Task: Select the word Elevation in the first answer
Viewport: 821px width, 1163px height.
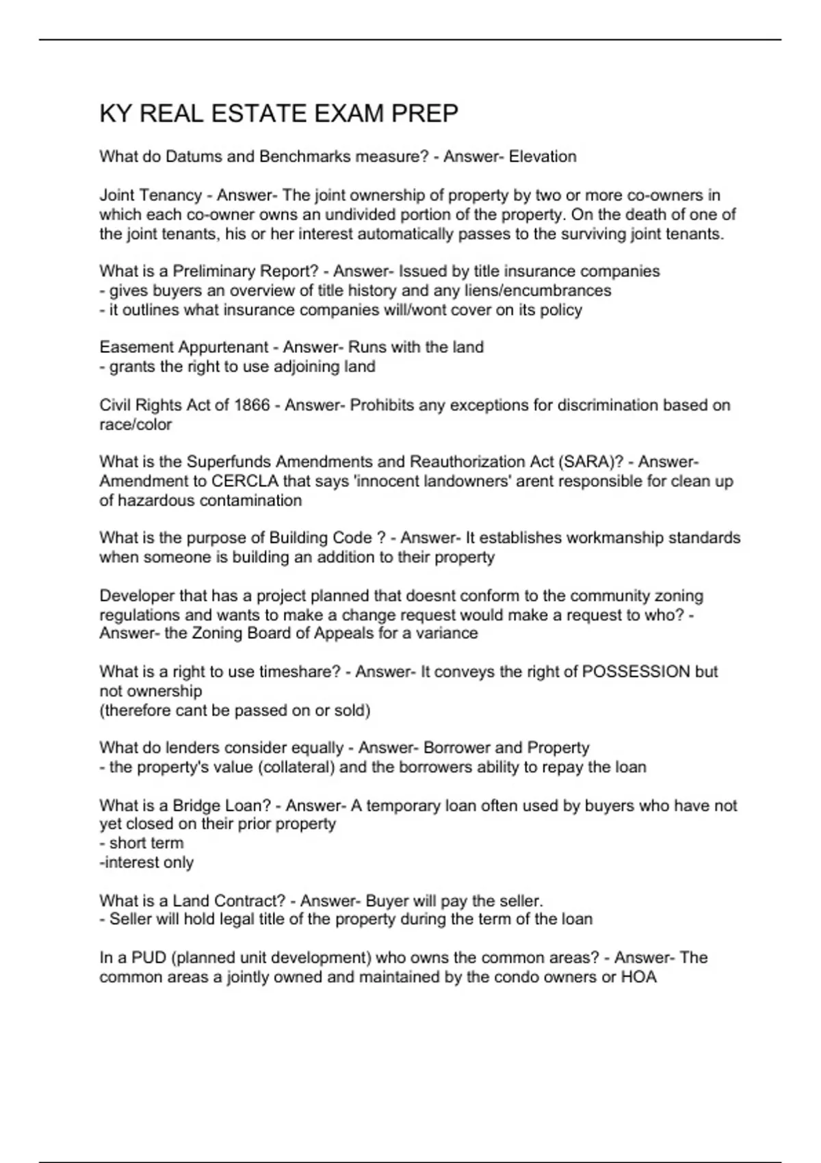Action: click(x=543, y=157)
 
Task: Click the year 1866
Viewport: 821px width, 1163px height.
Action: click(x=252, y=405)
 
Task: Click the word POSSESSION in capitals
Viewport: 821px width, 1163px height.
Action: click(x=636, y=672)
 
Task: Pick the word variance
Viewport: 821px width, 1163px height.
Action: click(x=447, y=633)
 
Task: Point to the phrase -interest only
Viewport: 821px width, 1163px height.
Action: click(x=146, y=863)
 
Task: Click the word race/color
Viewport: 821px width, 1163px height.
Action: click(x=135, y=424)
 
